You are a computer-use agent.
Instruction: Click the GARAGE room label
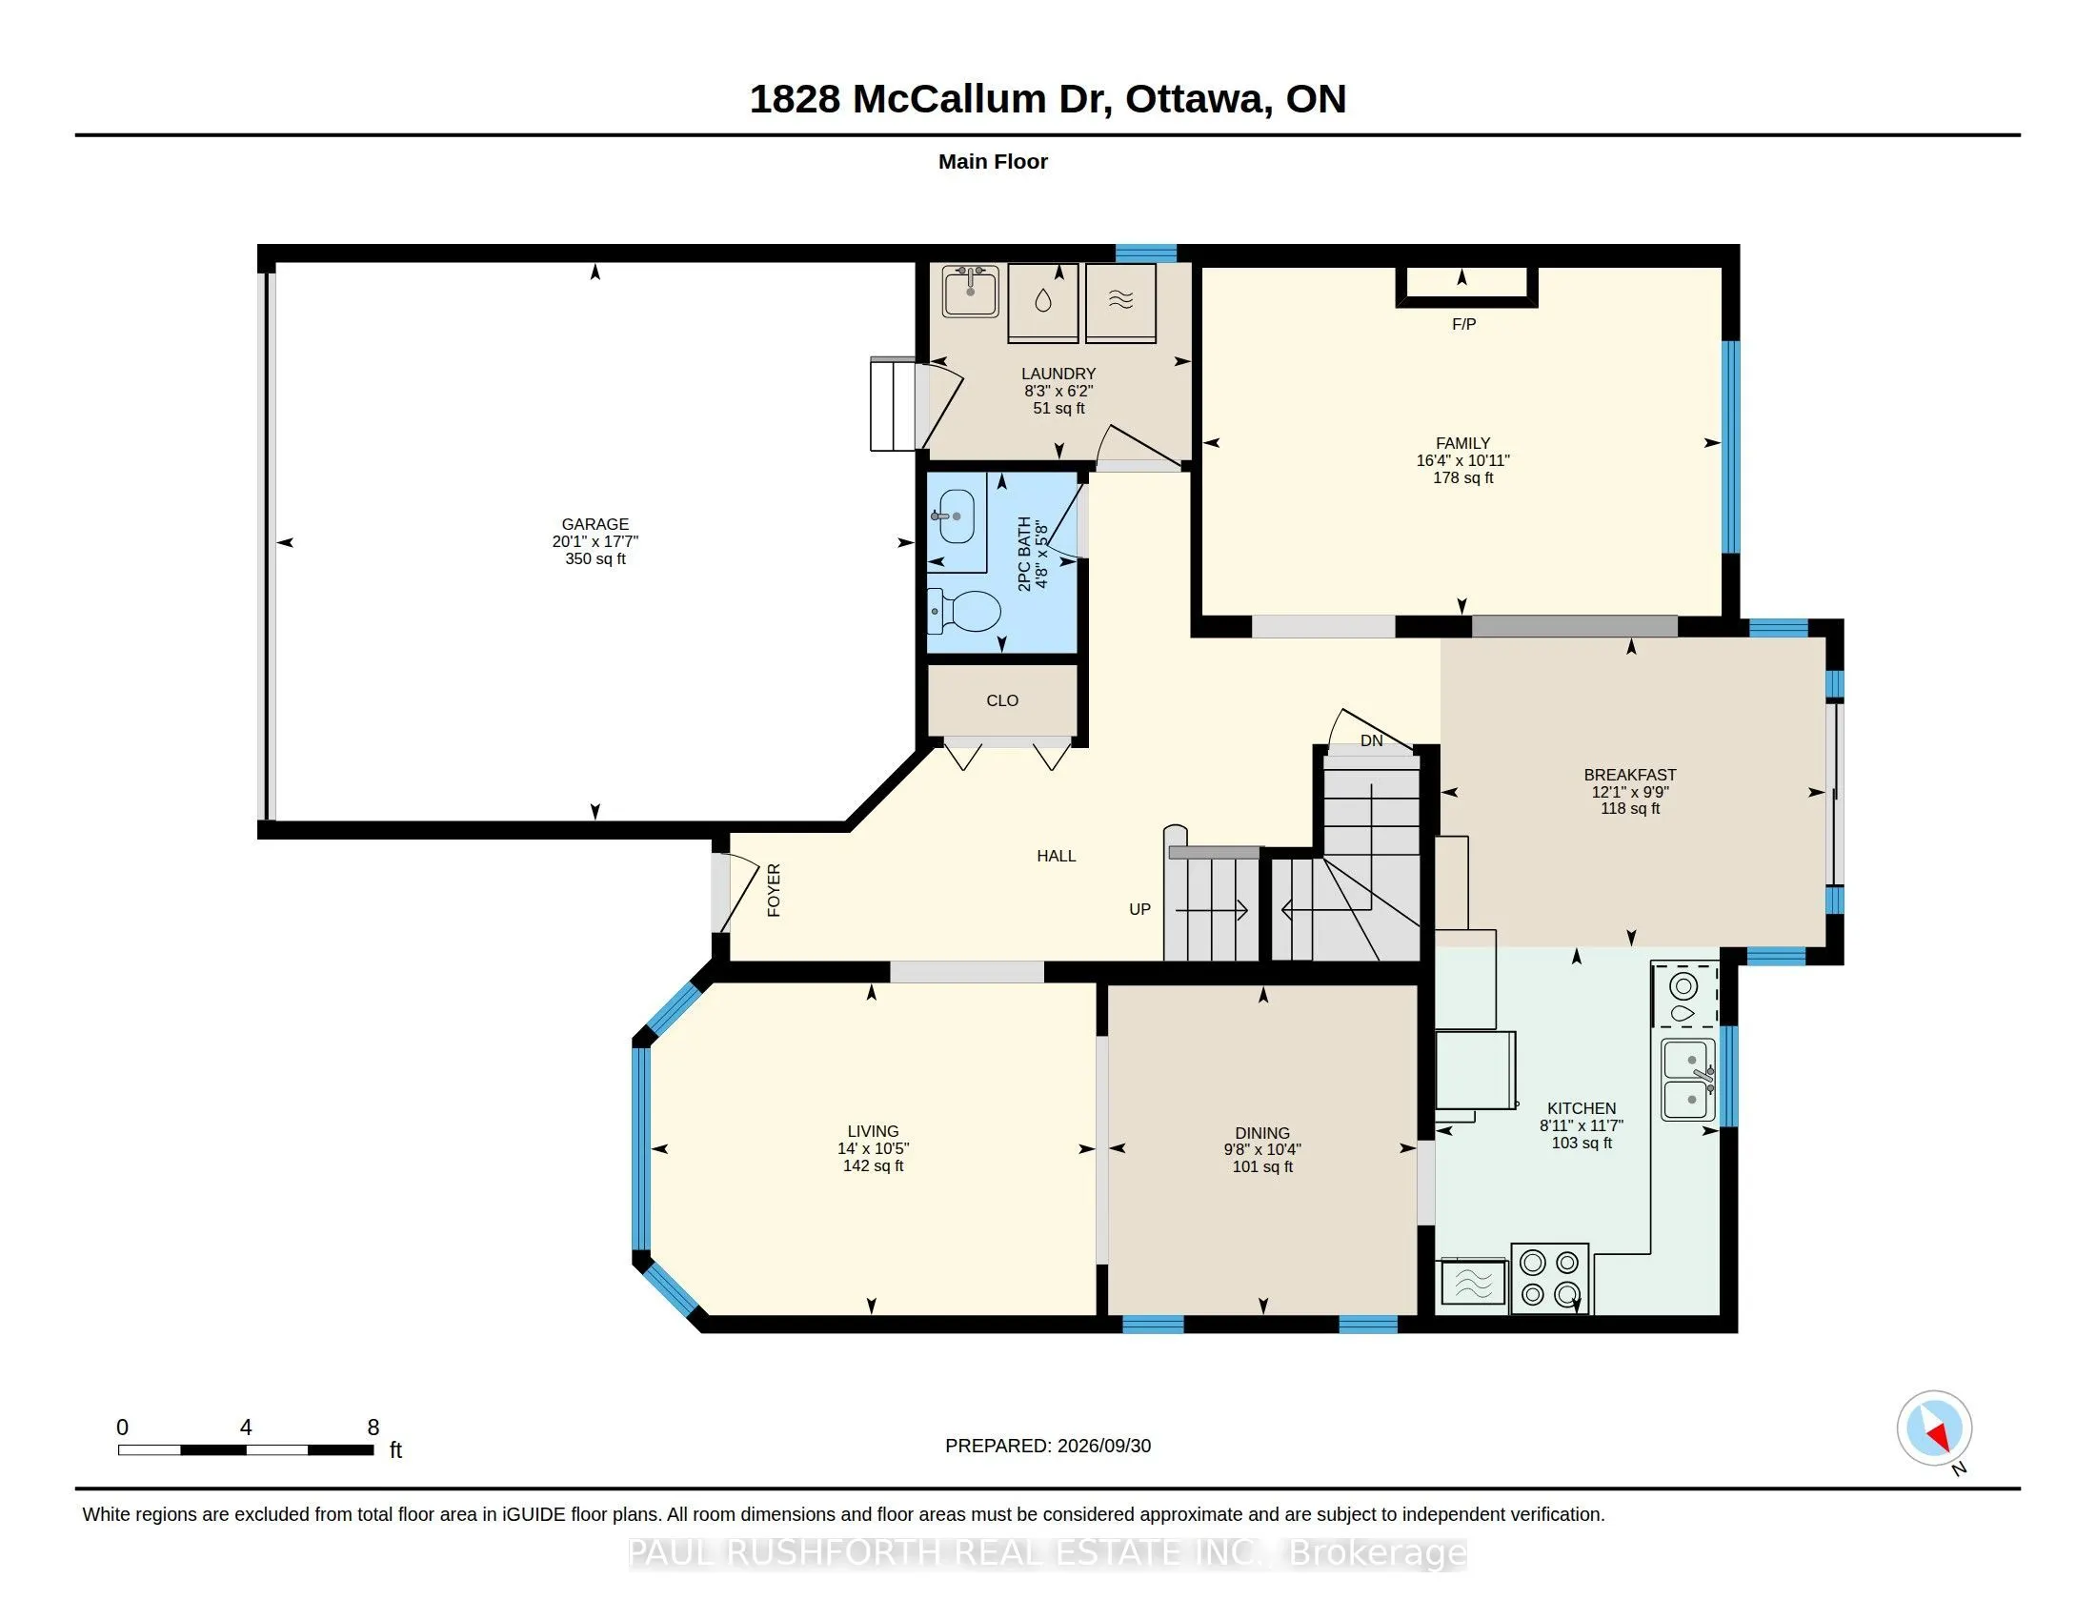[x=595, y=524]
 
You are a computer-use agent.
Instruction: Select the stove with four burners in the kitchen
[x=1550, y=1278]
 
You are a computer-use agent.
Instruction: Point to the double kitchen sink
[x=1689, y=1080]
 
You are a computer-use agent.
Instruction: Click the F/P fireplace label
[x=1463, y=324]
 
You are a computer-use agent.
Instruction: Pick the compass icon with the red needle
[x=1934, y=1428]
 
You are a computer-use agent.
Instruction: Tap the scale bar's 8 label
[x=373, y=1428]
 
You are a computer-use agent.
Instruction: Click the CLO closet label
[x=1002, y=700]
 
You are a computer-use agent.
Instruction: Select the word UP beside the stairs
[x=1139, y=909]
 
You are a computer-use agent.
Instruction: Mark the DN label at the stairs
[x=1371, y=739]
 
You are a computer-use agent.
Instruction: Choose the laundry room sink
[x=971, y=291]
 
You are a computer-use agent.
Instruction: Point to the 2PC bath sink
[x=953, y=517]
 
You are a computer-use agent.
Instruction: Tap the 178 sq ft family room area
[x=1462, y=478]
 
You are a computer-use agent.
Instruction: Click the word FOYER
[x=774, y=891]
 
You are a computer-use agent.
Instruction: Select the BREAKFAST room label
[x=1629, y=775]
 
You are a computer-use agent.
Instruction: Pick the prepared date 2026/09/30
[x=1103, y=1446]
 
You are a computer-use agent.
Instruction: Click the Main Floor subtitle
[x=993, y=161]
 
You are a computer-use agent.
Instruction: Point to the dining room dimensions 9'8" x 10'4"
[x=1262, y=1150]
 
